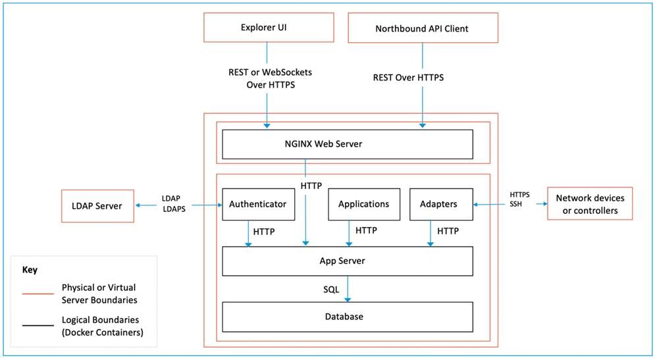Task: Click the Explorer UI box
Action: pyautogui.click(x=267, y=28)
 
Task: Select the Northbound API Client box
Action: pyautogui.click(x=421, y=29)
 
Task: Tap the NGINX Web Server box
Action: pyautogui.click(x=347, y=144)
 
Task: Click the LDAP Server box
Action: pyautogui.click(x=96, y=206)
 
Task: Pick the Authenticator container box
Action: pyautogui.click(x=258, y=204)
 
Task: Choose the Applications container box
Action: pyautogui.click(x=363, y=204)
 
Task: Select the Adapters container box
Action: pyautogui.click(x=438, y=204)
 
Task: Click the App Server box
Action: pyautogui.click(x=347, y=261)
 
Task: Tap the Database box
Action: pyautogui.click(x=347, y=317)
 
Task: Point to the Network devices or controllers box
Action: pyautogui.click(x=590, y=204)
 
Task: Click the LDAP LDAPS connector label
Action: pyautogui.click(x=174, y=203)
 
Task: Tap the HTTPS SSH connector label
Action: pyautogui.click(x=520, y=200)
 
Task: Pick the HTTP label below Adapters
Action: pyautogui.click(x=448, y=232)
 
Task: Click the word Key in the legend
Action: pyautogui.click(x=30, y=270)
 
